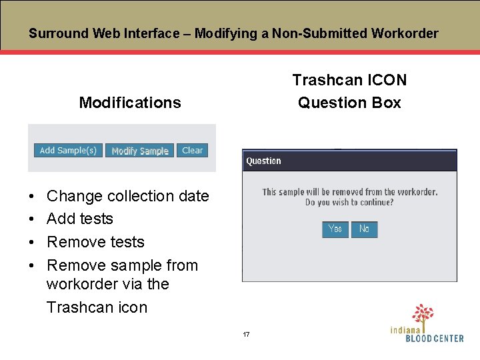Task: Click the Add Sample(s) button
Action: tap(68, 151)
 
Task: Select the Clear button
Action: tap(193, 151)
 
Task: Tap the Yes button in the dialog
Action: tap(335, 229)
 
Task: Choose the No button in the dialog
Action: tap(364, 229)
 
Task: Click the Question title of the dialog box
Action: tap(264, 161)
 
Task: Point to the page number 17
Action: tap(246, 334)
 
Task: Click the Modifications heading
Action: tap(130, 103)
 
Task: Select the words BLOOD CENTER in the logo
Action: tap(435, 338)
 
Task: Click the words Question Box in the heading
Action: tap(349, 103)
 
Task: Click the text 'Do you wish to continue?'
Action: tap(349, 202)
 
